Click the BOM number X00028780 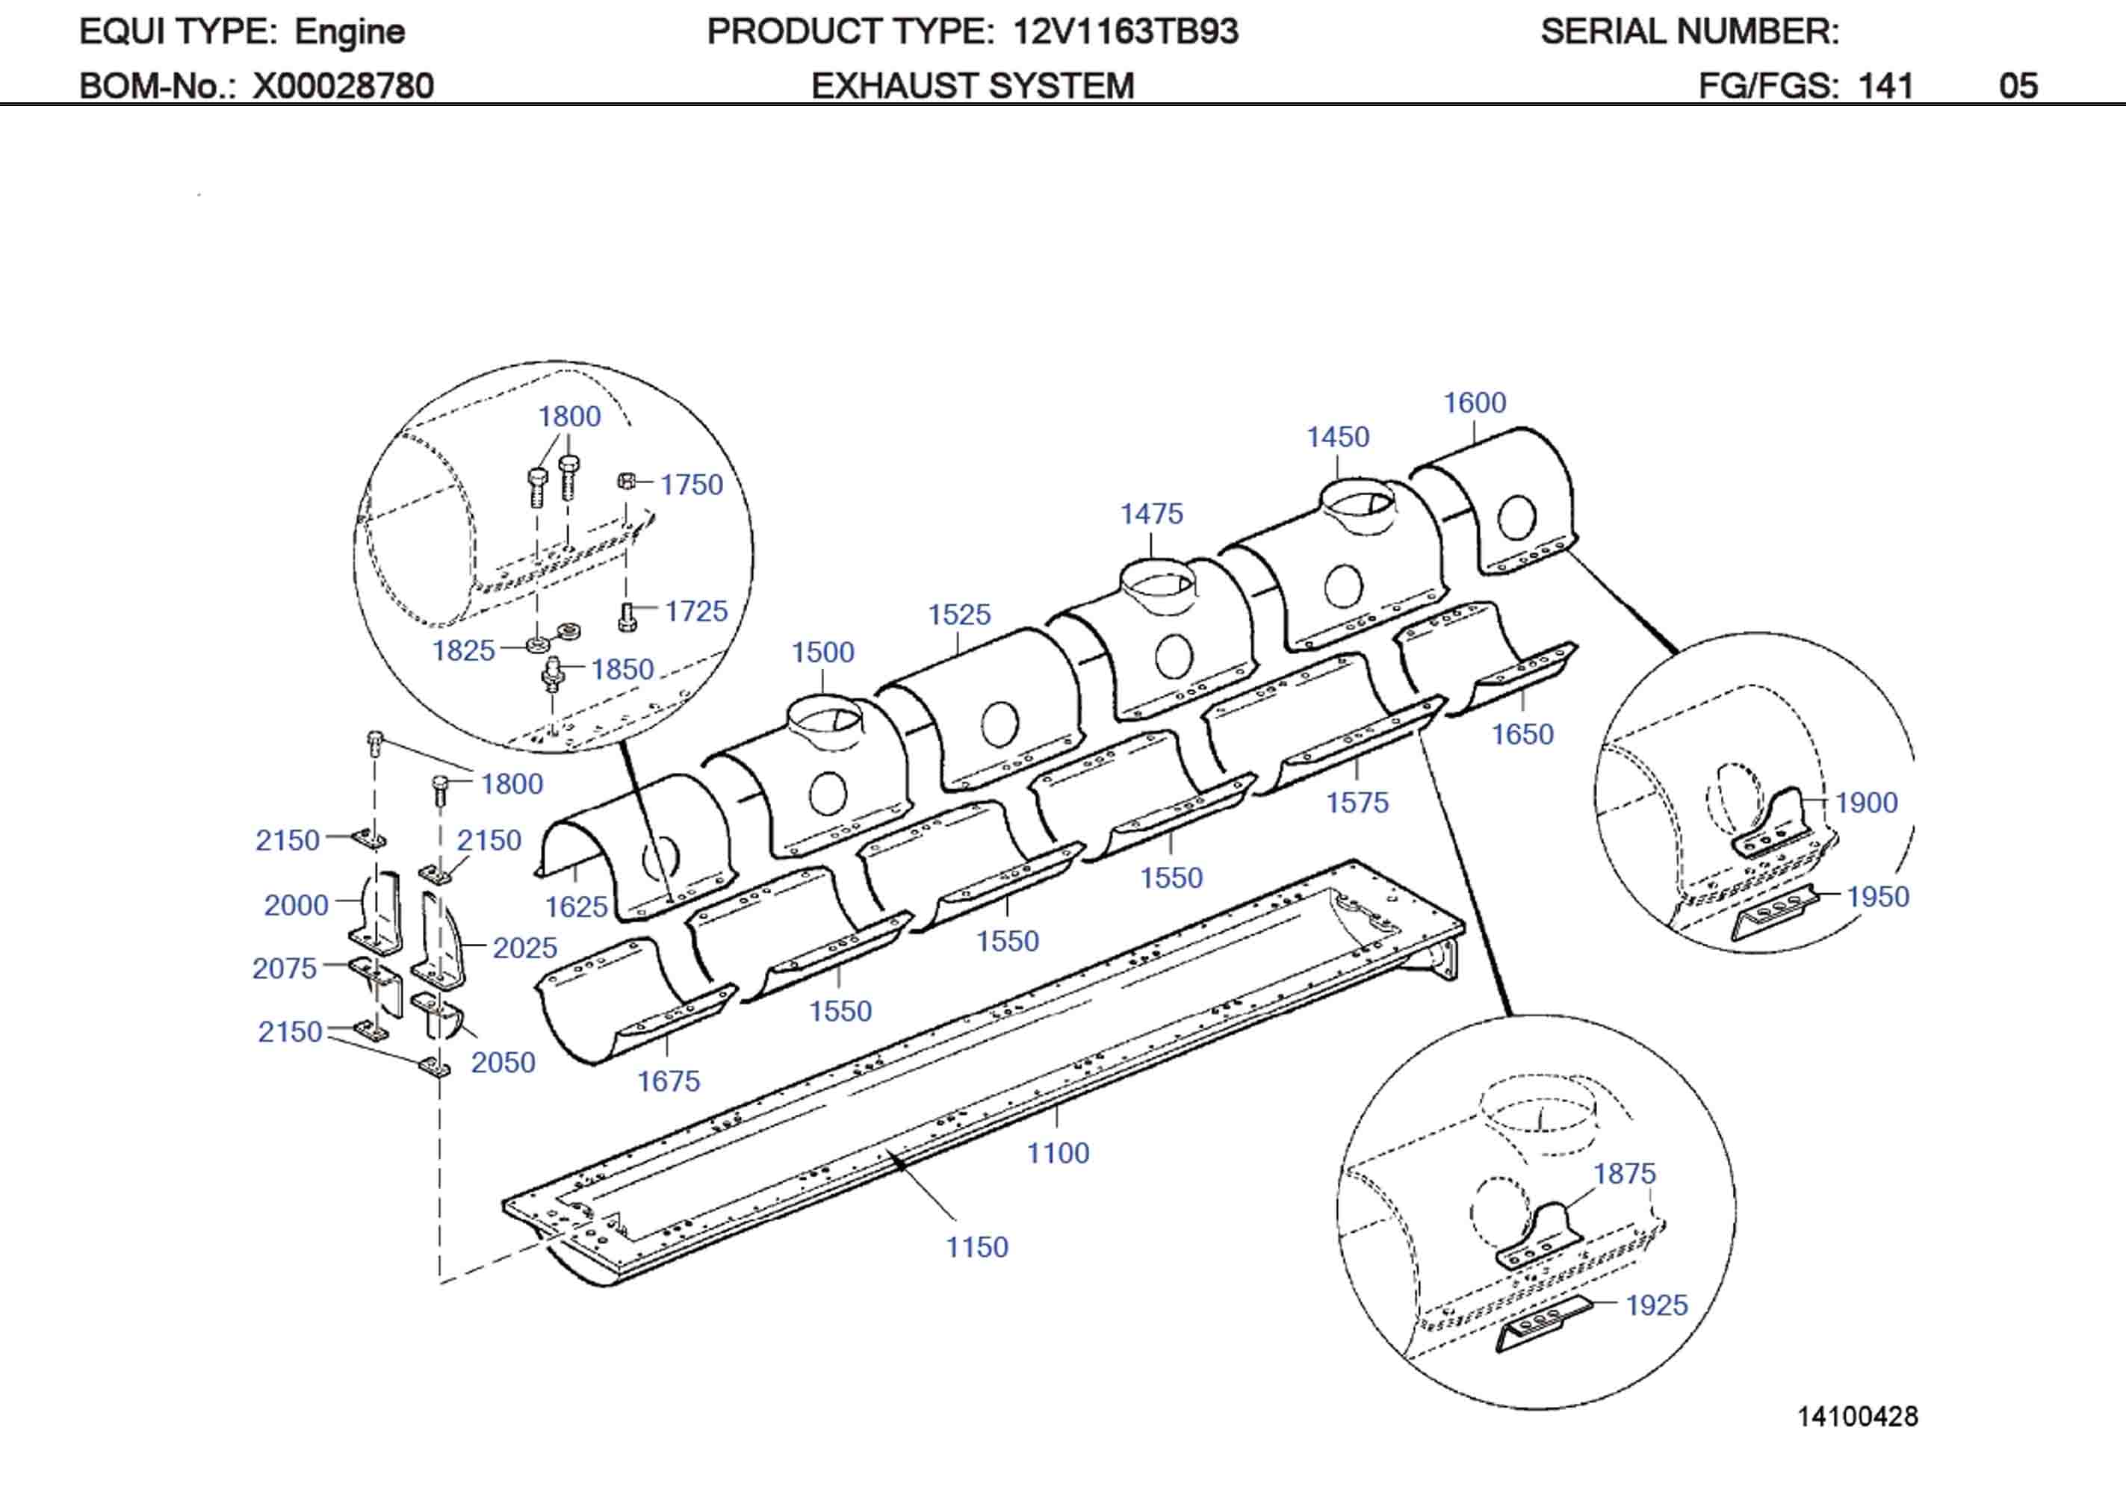(343, 86)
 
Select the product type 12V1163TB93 (1125, 31)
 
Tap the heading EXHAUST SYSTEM (973, 86)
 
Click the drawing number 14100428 (1858, 1416)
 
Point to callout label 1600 (1474, 402)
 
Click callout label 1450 (1337, 437)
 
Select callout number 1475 (1151, 514)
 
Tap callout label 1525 (958, 615)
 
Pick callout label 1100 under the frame (1058, 1153)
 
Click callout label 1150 (976, 1247)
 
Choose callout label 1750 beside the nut (691, 485)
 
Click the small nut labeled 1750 (626, 480)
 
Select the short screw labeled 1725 (627, 617)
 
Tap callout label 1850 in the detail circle (622, 669)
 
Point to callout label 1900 (1866, 803)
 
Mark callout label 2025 (524, 948)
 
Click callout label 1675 (668, 1081)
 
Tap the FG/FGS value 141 (1885, 86)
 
